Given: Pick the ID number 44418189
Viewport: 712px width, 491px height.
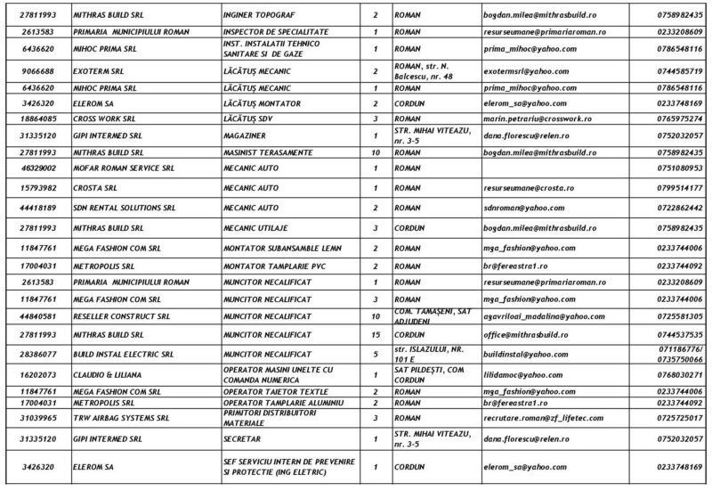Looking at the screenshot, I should [x=36, y=207].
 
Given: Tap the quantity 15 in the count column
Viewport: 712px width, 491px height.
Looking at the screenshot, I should [x=376, y=334].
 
